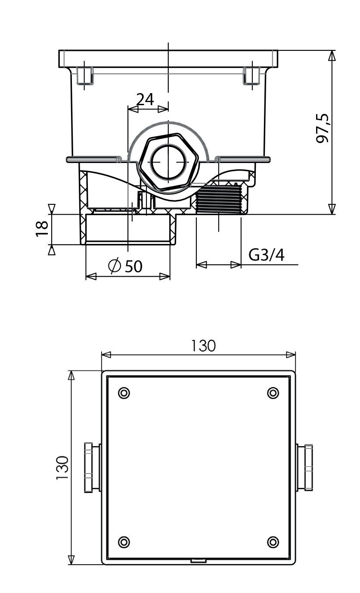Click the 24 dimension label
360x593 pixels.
click(x=145, y=100)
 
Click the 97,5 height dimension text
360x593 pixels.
click(x=323, y=129)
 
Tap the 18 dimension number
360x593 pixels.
click(x=42, y=228)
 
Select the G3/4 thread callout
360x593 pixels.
click(x=267, y=255)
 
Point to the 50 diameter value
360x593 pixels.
click(x=133, y=266)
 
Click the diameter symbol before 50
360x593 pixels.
click(x=115, y=266)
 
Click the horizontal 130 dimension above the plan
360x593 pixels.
click(x=203, y=346)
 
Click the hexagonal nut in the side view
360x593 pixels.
click(x=168, y=162)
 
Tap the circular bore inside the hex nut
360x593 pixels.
click(x=168, y=162)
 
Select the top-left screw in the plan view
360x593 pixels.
click(x=124, y=393)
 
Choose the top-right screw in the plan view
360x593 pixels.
click(x=273, y=393)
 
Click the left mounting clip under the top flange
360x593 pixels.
click(x=85, y=76)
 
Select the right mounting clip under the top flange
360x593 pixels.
click(x=251, y=76)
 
